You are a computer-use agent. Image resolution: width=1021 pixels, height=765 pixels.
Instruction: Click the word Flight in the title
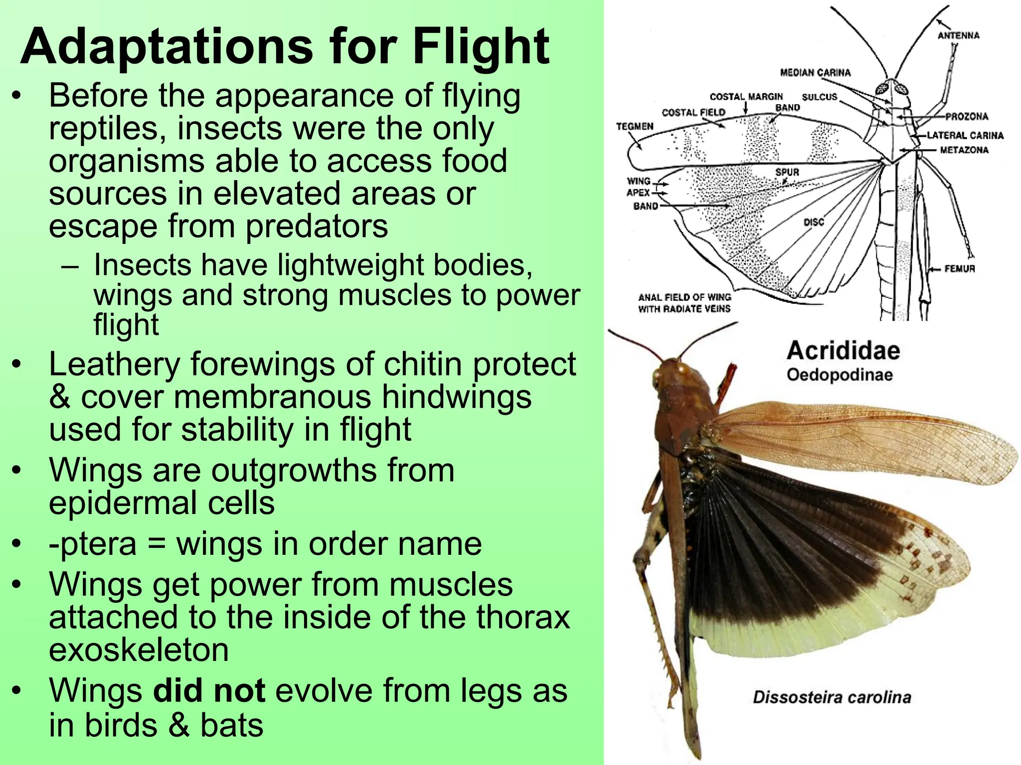coord(481,47)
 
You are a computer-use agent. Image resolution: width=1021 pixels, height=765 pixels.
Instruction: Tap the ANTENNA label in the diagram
coord(958,35)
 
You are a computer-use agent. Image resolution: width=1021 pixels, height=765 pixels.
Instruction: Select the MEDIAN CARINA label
coord(815,73)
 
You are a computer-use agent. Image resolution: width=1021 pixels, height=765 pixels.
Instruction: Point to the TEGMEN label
coord(634,127)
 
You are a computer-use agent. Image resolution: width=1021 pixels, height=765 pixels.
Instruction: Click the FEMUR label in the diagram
coord(959,269)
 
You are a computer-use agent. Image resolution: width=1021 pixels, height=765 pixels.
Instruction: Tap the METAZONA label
coord(964,150)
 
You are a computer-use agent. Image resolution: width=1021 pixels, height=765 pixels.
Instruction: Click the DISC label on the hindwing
coord(814,222)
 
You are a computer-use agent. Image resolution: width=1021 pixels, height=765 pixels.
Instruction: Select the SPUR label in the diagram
coord(787,172)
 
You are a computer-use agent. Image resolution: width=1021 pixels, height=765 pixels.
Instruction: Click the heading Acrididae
coord(844,351)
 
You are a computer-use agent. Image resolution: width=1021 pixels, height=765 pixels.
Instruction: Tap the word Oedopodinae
coord(840,375)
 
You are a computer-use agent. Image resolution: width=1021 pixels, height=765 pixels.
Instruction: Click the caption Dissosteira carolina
coord(832,697)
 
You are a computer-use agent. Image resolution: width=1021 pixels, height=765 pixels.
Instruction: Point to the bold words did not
coord(209,691)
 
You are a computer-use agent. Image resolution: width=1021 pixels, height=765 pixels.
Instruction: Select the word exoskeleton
coord(139,650)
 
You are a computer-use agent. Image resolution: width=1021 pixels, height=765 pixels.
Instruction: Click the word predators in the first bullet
coord(317,227)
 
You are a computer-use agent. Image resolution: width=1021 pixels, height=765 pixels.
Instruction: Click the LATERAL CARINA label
coord(965,135)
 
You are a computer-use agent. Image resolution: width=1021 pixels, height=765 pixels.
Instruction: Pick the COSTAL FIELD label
coord(693,113)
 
